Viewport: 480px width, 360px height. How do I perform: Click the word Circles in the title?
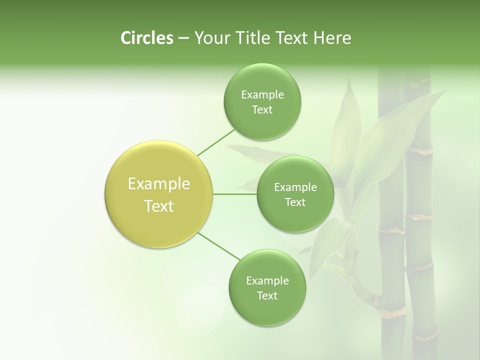click(x=146, y=38)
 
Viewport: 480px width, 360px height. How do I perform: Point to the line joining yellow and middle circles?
click(x=235, y=194)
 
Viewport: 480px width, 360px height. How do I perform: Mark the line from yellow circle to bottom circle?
click(x=218, y=246)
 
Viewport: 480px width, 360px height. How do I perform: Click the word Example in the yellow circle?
click(x=159, y=184)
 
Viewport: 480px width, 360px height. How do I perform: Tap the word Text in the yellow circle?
click(x=159, y=206)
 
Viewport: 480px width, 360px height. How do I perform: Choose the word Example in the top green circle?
click(x=262, y=95)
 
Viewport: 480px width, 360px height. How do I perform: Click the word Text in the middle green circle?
click(x=295, y=202)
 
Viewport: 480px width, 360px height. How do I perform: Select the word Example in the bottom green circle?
click(x=267, y=281)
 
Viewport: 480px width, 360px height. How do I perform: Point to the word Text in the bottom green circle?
click(x=267, y=295)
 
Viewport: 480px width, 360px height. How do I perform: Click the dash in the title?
click(x=183, y=38)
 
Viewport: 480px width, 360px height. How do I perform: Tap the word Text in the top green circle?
click(x=262, y=110)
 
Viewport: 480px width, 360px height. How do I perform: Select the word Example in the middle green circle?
click(x=295, y=187)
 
